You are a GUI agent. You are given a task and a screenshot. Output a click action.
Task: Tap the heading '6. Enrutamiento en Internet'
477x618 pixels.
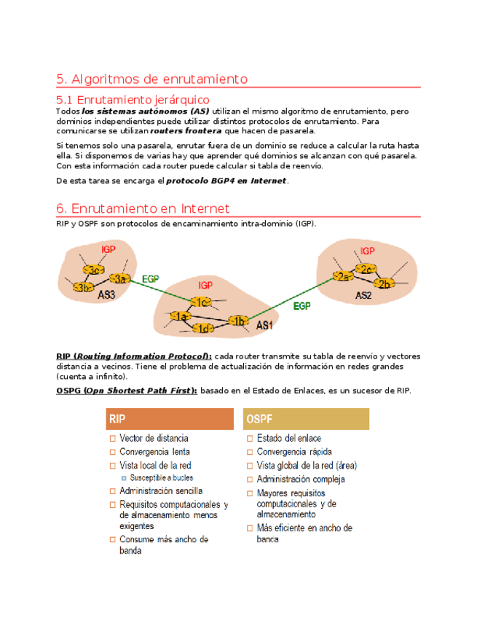coord(143,208)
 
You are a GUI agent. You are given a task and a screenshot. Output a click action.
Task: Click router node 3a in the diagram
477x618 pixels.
coord(121,278)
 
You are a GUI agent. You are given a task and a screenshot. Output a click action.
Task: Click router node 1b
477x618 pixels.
coord(237,321)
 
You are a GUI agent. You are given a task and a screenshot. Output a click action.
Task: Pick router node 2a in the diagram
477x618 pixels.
coord(342,276)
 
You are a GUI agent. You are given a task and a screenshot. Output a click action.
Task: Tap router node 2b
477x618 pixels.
coord(384,283)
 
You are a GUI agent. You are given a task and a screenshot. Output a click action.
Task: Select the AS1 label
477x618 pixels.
coord(264,325)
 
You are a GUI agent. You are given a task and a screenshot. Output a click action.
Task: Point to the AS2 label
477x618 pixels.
coord(364,295)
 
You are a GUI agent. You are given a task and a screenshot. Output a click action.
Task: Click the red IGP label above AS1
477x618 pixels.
coord(205,285)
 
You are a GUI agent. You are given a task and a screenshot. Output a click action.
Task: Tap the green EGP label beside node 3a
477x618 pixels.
coord(151,278)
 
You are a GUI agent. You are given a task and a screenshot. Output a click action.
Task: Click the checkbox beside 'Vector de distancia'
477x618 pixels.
coord(113,439)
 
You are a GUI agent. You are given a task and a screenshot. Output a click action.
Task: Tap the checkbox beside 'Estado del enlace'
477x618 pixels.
coord(250,439)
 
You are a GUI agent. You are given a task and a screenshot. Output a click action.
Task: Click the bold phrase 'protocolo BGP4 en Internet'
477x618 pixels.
coord(227,181)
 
